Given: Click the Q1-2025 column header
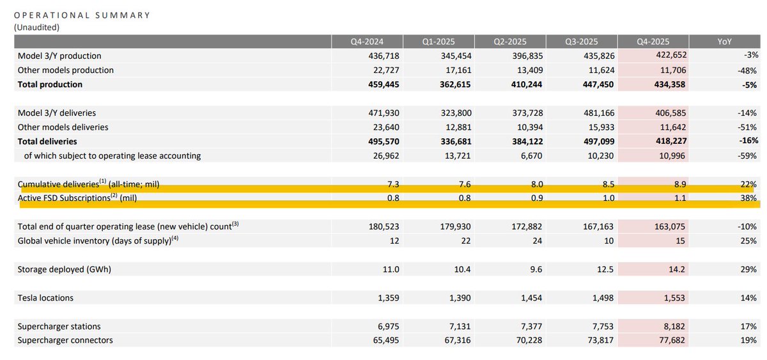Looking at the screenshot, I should pos(438,42).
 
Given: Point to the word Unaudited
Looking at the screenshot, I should pos(36,27).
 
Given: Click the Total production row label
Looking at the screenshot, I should pos(50,84).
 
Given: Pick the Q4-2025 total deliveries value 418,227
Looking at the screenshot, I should pos(670,141).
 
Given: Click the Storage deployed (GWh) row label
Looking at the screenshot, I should pos(64,270).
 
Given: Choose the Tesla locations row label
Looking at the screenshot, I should pos(45,298).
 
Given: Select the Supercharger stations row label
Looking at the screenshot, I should pos(59,327).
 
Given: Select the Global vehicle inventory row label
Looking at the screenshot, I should pos(95,241).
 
